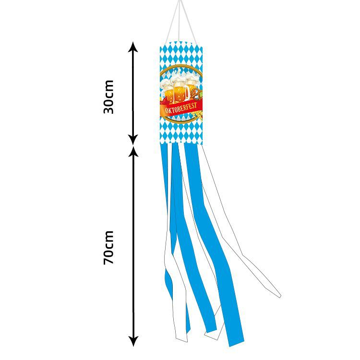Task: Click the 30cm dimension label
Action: coord(109,96)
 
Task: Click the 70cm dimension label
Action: coord(109,248)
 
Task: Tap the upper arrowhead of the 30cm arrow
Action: coord(133,47)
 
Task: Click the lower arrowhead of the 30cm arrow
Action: coord(133,140)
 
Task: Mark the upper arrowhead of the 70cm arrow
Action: coord(133,151)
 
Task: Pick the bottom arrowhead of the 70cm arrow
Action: coord(133,341)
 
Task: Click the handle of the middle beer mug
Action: coord(187,92)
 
